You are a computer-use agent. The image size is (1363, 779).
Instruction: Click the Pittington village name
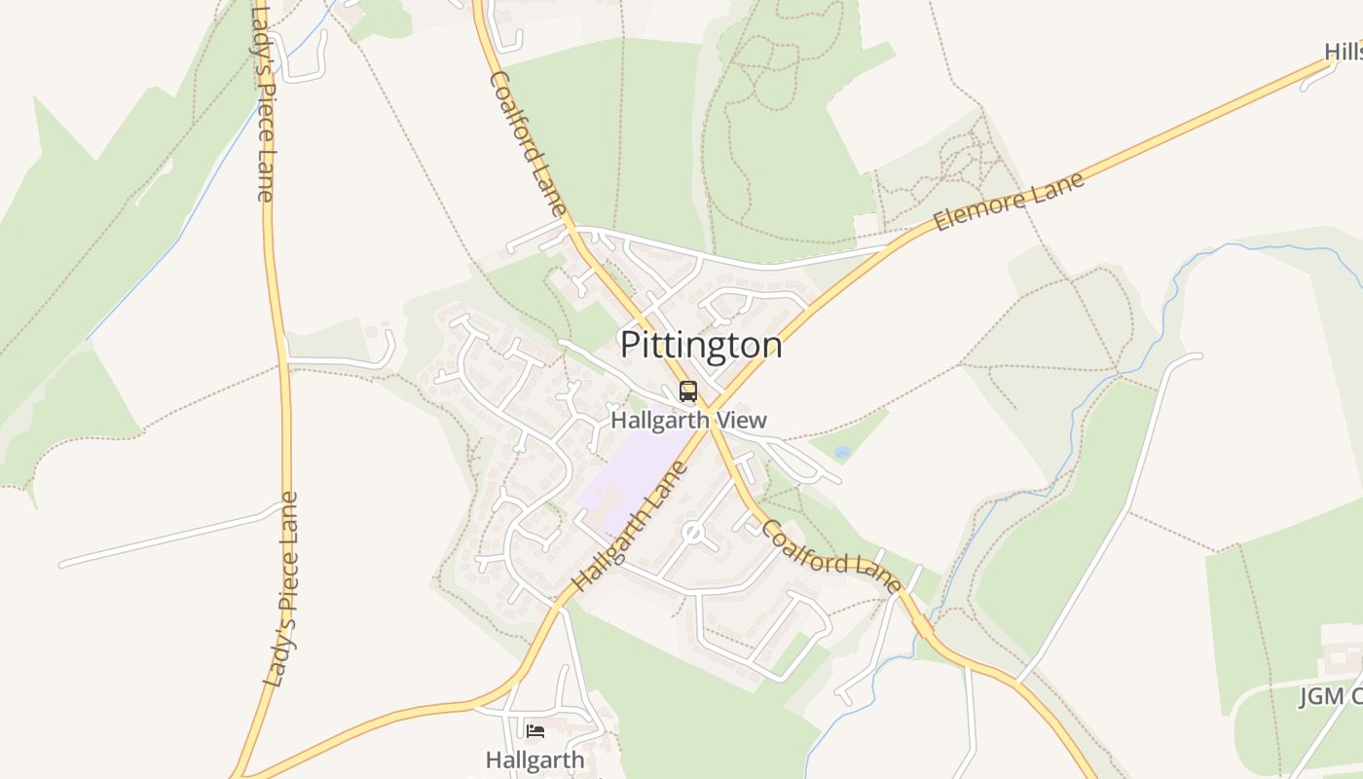701,346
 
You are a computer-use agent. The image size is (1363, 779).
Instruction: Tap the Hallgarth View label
688,421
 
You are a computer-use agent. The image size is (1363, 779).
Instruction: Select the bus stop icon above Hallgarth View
688,392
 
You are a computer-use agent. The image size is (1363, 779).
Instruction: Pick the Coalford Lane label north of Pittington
527,143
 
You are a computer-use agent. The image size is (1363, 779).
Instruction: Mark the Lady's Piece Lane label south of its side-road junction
281,590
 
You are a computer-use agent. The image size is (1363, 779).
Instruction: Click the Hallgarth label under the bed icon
535,760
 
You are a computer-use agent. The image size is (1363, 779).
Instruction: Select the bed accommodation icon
535,730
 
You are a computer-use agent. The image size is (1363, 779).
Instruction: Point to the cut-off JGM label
1331,696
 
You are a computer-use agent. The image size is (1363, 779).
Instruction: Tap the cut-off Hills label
1343,51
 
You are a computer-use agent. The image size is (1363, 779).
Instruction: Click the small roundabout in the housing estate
692,533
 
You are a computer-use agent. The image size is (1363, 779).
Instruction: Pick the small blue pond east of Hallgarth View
842,453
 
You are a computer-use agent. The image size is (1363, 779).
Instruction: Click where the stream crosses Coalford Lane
925,626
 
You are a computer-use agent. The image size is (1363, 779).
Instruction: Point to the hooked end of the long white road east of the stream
1193,357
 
